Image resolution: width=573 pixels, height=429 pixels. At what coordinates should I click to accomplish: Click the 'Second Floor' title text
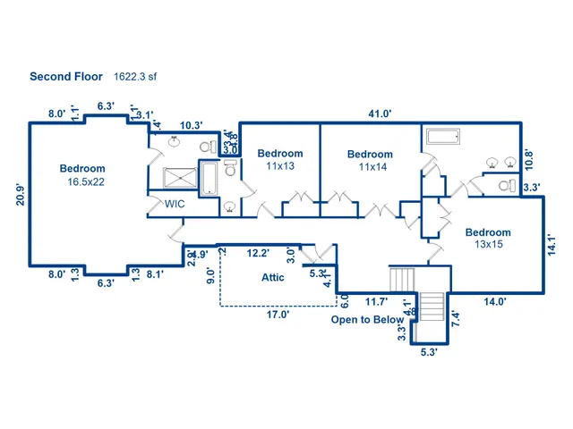tap(67, 76)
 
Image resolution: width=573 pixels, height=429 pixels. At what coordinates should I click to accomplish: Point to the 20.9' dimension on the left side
tap(20, 194)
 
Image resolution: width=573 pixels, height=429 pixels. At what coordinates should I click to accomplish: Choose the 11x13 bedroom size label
tap(280, 166)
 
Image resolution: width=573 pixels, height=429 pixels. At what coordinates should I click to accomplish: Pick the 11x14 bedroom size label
tap(370, 167)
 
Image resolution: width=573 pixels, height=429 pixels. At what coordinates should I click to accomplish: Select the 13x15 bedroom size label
tap(488, 245)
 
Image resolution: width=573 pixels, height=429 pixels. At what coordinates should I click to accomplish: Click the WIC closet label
tap(175, 204)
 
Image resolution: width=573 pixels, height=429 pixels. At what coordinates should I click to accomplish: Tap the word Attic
tap(273, 277)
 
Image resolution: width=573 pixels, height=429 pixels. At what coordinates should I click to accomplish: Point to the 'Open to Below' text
tap(367, 319)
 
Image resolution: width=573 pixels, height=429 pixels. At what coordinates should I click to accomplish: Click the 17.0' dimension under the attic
tap(277, 315)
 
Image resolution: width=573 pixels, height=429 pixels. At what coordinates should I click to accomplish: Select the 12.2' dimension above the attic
tap(259, 254)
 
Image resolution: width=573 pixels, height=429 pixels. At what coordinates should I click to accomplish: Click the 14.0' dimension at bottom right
tap(493, 302)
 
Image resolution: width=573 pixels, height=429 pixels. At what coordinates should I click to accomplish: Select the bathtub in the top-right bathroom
tap(443, 138)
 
